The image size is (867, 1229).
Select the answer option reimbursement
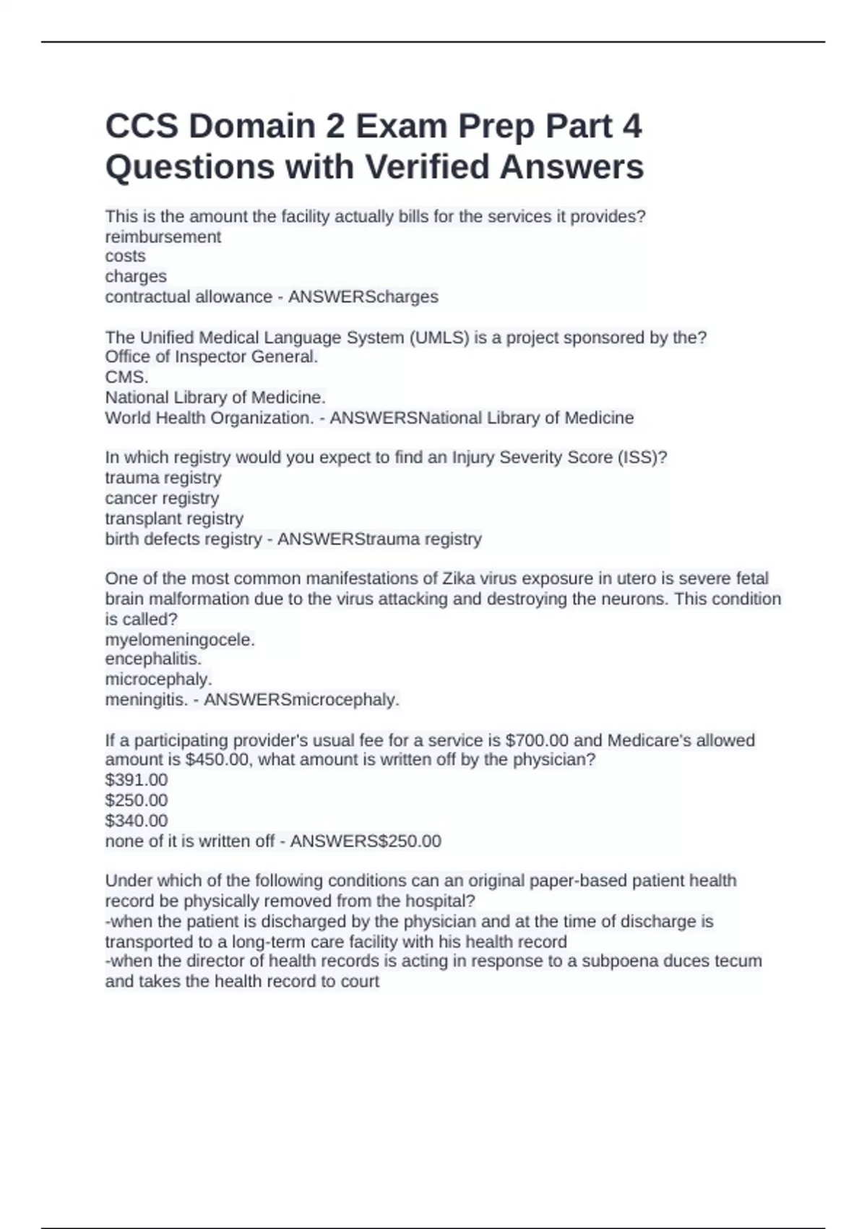(x=163, y=237)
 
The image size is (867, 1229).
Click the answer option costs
(x=126, y=257)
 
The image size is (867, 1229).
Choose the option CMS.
(x=127, y=377)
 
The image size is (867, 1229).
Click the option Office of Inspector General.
(x=212, y=357)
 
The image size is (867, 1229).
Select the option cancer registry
(x=162, y=498)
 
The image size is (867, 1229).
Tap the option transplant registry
(x=174, y=518)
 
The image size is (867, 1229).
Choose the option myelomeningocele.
(x=180, y=640)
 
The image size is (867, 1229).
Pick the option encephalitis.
(x=153, y=659)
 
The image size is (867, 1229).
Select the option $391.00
(x=137, y=780)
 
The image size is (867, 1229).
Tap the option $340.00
(x=137, y=821)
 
